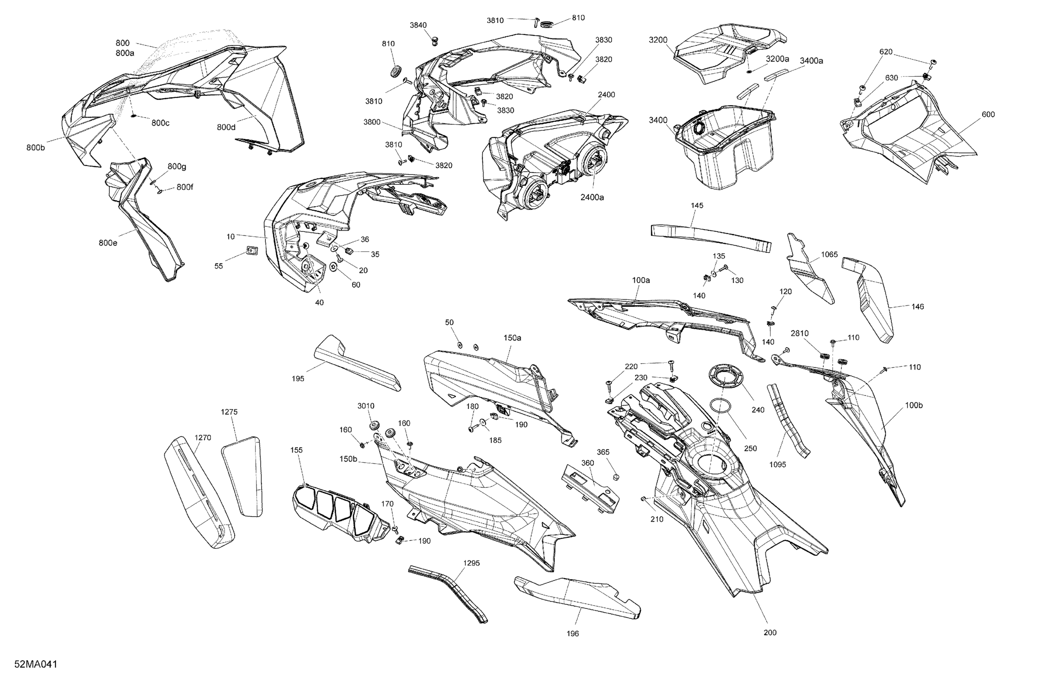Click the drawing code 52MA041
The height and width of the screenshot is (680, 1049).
coord(36,665)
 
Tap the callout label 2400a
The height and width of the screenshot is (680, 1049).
coord(592,198)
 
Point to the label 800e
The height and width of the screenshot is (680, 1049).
coord(108,243)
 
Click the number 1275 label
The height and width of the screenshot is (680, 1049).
coord(229,412)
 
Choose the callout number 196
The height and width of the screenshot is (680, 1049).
coord(572,634)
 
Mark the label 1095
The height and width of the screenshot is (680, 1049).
coord(778,465)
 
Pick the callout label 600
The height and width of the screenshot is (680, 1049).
coord(988,115)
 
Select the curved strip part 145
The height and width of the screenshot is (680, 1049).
coord(711,236)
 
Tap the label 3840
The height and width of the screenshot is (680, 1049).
coord(418,25)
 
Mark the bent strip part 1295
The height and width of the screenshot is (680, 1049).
coord(448,594)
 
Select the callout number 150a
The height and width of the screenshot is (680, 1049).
coord(513,338)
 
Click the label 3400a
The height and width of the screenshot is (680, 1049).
coord(812,61)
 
